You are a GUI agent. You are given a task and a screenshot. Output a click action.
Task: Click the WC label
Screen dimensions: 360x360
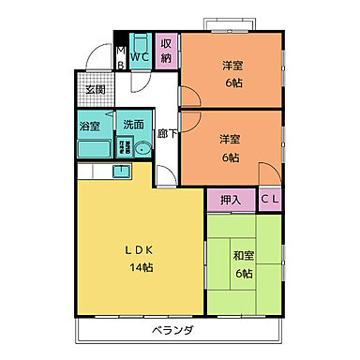[140, 57]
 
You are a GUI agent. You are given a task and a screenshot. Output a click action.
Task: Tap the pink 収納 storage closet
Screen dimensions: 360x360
[166, 51]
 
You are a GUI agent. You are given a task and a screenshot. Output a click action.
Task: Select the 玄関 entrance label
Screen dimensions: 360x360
[97, 90]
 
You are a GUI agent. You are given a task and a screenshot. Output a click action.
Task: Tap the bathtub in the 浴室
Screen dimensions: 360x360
[93, 147]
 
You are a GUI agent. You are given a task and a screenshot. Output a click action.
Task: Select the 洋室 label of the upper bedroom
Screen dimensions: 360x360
[233, 65]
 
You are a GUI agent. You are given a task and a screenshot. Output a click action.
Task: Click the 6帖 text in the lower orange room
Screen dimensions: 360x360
[231, 157]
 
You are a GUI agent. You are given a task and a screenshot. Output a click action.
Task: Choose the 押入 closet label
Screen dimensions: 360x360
[231, 199]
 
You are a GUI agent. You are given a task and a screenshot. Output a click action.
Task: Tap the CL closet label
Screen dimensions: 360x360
[269, 199]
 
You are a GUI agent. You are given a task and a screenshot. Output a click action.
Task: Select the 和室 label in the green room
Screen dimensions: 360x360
[243, 256]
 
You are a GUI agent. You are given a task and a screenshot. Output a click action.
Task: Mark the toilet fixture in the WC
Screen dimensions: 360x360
[140, 43]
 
